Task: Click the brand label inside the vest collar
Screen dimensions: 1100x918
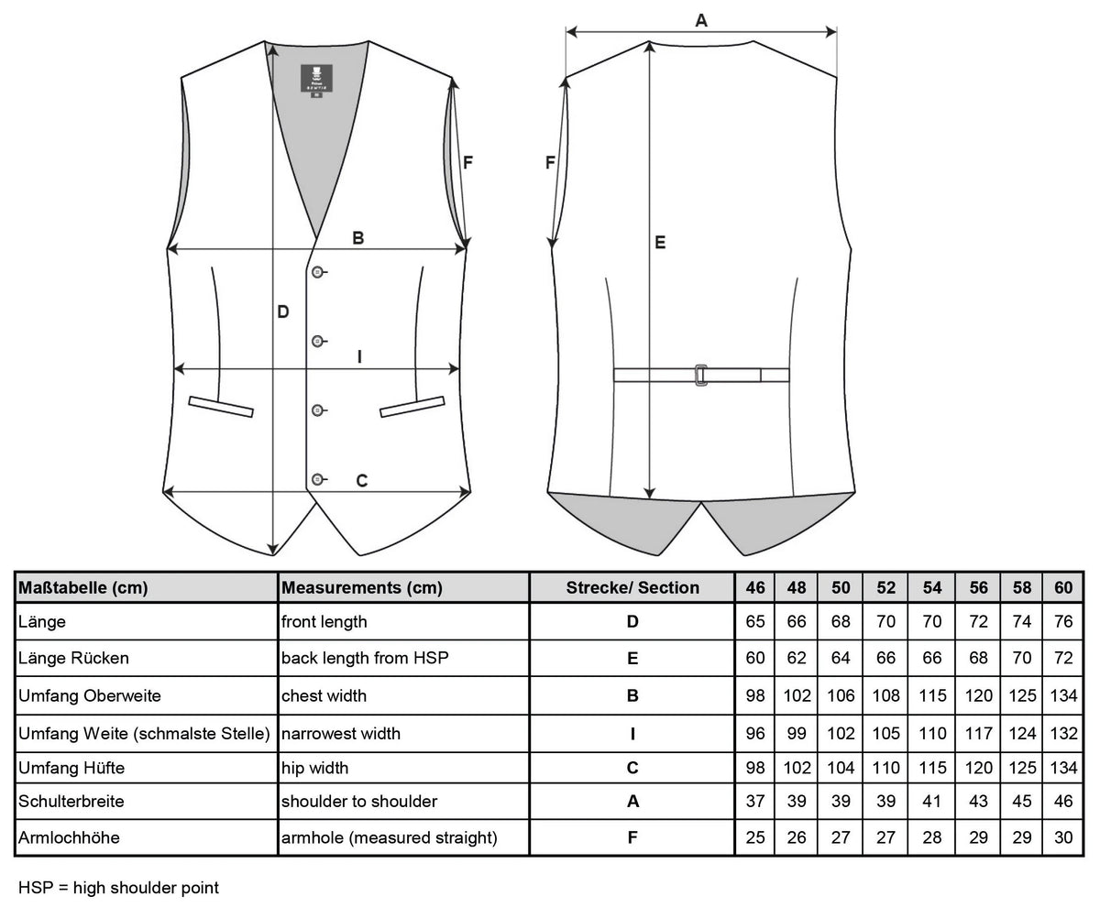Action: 316,79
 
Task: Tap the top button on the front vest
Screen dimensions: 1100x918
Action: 317,272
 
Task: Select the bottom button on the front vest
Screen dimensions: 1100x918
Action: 317,479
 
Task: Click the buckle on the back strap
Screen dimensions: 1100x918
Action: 701,375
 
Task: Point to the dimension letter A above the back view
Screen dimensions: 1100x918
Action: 701,20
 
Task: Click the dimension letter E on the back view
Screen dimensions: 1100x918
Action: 660,242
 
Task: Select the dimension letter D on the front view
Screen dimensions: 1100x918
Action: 283,311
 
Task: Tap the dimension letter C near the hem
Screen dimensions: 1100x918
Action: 361,480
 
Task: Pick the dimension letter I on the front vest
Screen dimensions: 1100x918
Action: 359,356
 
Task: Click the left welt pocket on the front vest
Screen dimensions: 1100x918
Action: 221,406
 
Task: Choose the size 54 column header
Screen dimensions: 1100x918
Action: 932,587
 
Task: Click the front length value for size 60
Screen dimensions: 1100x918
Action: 1063,621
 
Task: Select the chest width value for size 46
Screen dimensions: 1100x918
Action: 755,695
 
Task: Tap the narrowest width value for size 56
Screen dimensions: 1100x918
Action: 978,733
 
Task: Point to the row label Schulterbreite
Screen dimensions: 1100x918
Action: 71,801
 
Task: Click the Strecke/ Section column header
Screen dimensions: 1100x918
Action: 632,587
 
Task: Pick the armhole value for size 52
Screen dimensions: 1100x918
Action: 885,837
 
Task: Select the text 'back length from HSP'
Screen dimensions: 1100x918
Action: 365,658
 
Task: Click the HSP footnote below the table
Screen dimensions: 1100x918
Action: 118,888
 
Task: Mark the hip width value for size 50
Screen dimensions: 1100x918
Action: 841,768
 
